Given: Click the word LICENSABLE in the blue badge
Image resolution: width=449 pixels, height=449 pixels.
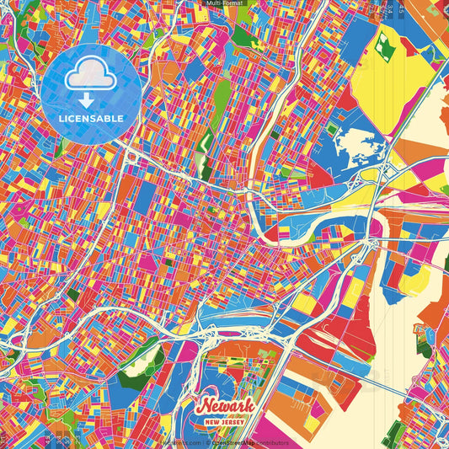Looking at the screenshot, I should [92, 118].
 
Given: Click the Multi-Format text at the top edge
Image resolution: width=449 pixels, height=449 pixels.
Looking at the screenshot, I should [224, 3].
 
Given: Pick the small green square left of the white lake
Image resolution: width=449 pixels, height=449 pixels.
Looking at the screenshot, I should [332, 130].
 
